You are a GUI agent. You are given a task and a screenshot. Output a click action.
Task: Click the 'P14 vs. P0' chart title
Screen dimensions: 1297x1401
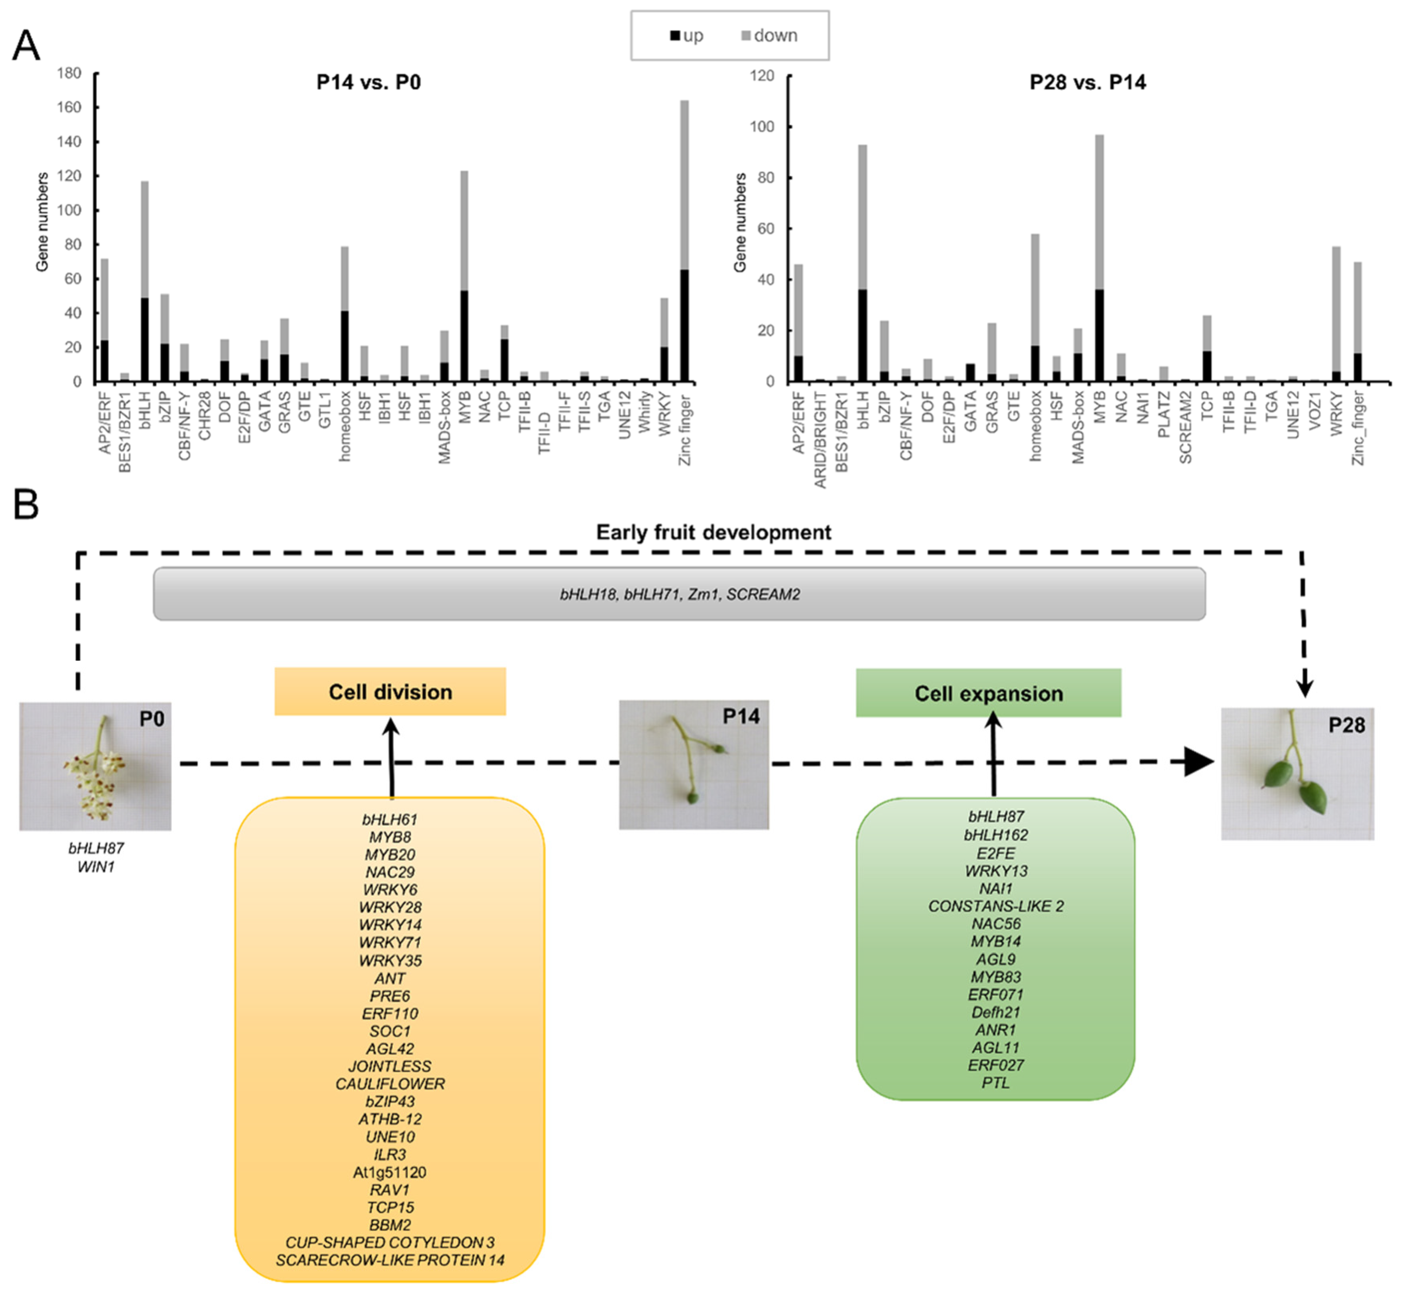[x=368, y=83]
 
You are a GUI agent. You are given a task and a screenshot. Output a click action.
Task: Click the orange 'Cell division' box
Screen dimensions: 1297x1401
[x=390, y=692]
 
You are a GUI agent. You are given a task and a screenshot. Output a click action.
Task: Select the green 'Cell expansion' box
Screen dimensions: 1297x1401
[x=988, y=693]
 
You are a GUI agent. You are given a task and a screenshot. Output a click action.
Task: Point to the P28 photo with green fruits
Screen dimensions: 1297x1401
[x=1297, y=774]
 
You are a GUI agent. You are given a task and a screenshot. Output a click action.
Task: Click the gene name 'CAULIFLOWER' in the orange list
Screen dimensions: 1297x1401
[x=390, y=1084]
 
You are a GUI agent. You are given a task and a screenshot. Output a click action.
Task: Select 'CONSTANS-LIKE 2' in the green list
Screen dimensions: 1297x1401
[x=995, y=906]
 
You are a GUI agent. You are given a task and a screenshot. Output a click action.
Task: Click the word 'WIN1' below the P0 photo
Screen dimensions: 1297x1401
[x=96, y=867]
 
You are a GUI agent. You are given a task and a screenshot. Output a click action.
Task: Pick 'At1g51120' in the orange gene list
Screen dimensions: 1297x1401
[x=390, y=1172]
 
